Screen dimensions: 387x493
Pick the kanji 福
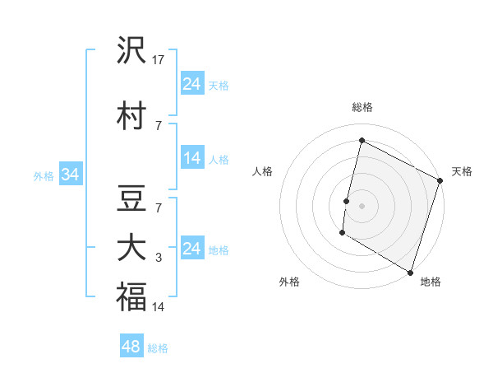[132, 296]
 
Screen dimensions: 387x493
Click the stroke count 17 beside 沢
[159, 60]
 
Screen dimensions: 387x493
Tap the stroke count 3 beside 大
[159, 258]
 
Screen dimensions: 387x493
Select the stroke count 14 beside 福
[159, 307]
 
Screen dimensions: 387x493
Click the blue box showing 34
[70, 175]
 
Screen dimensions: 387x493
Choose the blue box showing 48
[131, 347]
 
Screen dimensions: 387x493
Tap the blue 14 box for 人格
[192, 158]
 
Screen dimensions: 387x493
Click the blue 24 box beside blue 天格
[192, 84]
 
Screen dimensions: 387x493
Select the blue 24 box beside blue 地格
[192, 249]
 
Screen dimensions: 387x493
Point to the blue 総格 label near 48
[158, 348]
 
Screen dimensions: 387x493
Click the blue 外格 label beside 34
[44, 175]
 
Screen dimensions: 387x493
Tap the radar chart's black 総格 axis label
[362, 107]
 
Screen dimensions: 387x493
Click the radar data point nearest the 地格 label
[410, 271]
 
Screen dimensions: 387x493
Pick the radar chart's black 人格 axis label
[263, 171]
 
